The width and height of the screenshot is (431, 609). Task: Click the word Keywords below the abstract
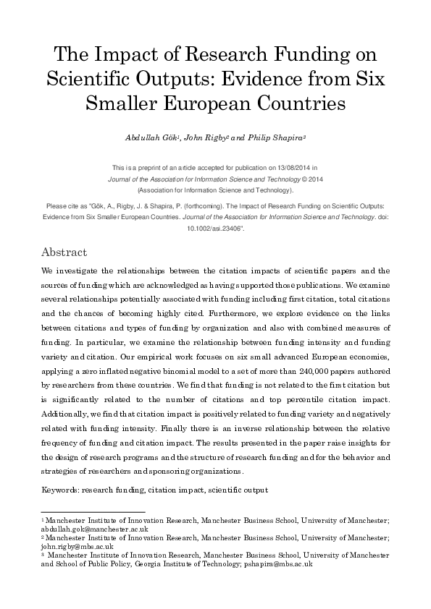tap(60, 490)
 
